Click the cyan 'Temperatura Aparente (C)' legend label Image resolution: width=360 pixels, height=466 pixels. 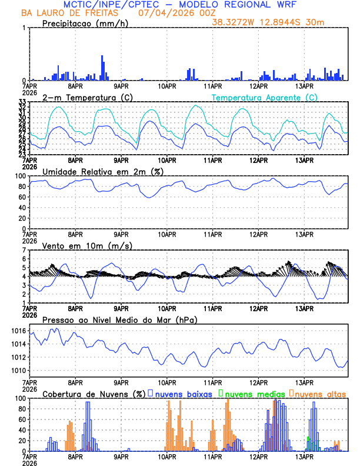(265, 97)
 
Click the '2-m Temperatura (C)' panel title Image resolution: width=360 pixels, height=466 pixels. (86, 97)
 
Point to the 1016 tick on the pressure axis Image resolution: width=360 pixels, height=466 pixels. (19, 331)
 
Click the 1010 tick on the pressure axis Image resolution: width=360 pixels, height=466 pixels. (19, 371)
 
